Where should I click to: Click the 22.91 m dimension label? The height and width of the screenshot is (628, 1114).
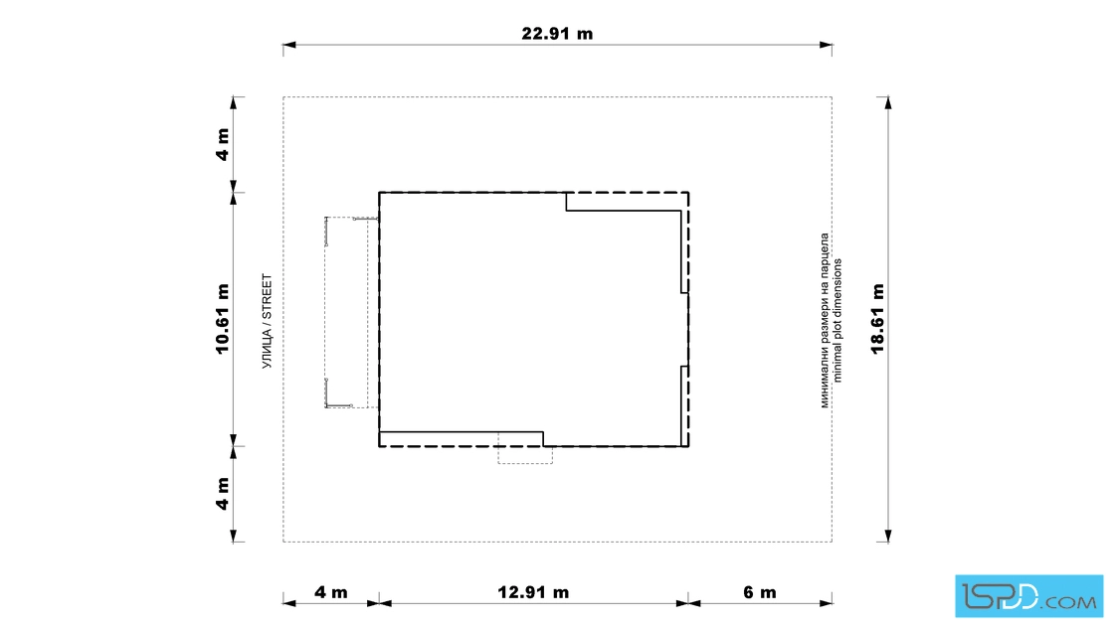[x=557, y=34]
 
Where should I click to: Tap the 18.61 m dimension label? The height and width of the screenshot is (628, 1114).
[x=878, y=319]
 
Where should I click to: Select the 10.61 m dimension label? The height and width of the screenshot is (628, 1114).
[x=223, y=319]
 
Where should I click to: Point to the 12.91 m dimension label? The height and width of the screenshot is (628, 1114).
[x=533, y=592]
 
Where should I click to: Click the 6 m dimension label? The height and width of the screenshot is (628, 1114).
[x=760, y=592]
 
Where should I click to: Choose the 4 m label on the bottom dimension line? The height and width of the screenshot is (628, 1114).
[x=331, y=592]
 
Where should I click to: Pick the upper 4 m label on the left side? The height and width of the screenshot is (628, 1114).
[x=223, y=145]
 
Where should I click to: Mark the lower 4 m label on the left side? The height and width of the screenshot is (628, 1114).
[x=223, y=494]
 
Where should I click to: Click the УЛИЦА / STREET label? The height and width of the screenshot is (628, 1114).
[x=268, y=321]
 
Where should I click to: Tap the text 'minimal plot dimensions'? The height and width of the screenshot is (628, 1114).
[x=837, y=321]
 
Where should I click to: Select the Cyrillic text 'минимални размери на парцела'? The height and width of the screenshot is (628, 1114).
[x=825, y=321]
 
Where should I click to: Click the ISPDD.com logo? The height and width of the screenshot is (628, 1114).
[x=1028, y=596]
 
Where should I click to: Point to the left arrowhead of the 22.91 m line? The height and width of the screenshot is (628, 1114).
[x=289, y=45]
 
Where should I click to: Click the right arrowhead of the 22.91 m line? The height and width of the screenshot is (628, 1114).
[x=826, y=45]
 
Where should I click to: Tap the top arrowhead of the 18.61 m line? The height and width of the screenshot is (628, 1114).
[x=888, y=103]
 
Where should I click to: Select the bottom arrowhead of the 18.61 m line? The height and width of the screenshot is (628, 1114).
[x=888, y=536]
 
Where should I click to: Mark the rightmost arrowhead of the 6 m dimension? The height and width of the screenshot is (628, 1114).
[x=826, y=604]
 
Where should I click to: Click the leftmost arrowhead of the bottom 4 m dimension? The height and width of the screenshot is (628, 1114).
[x=289, y=604]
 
